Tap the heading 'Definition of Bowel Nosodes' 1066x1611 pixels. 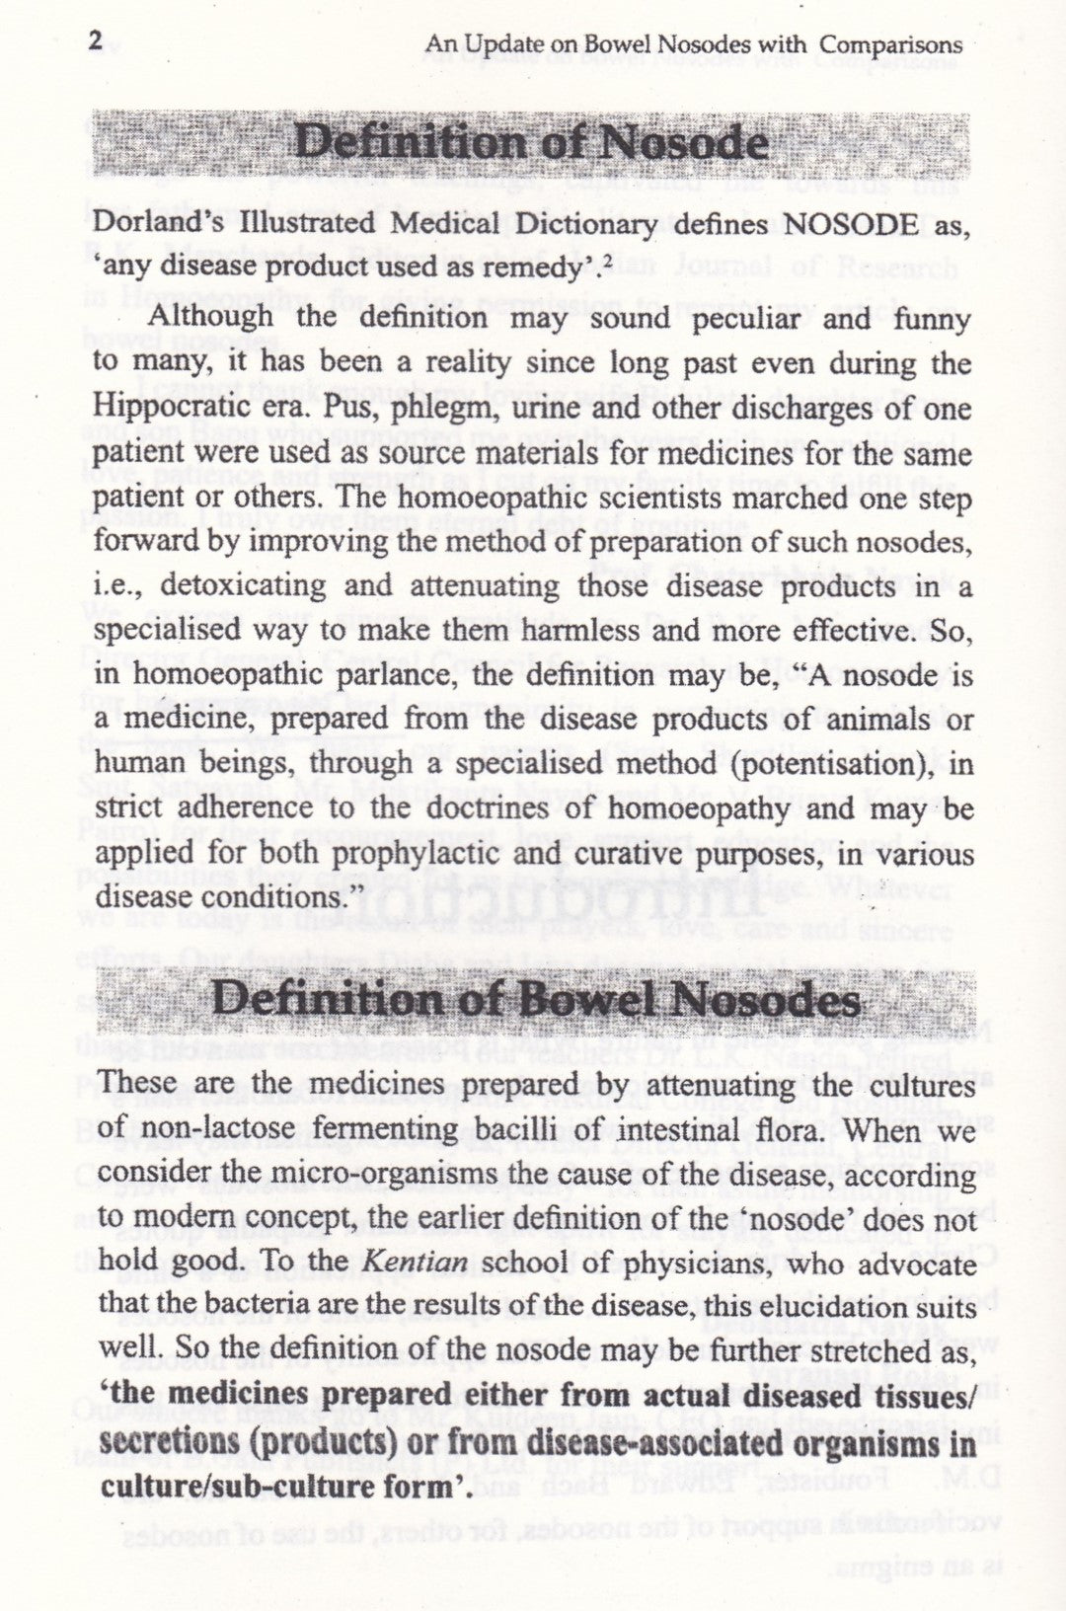click(x=537, y=1001)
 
